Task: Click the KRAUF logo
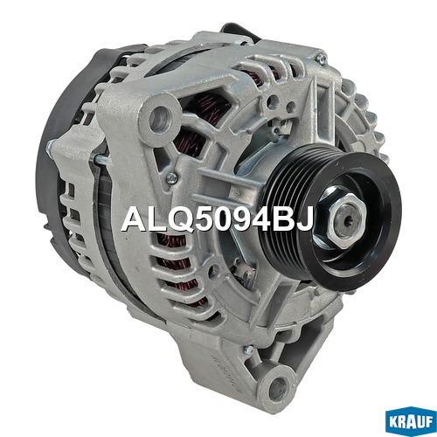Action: [411, 423]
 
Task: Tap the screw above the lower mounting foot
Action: [248, 350]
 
